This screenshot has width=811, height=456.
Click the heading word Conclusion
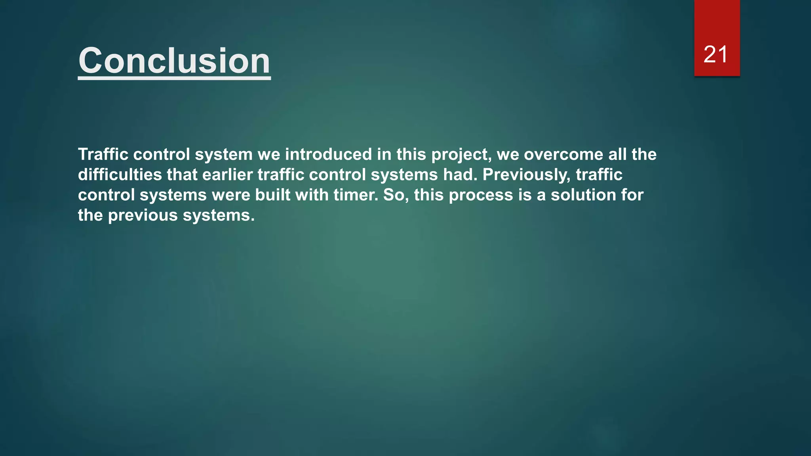coord(174,61)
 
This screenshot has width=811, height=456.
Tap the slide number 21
coord(716,54)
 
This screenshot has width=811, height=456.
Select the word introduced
coord(328,154)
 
